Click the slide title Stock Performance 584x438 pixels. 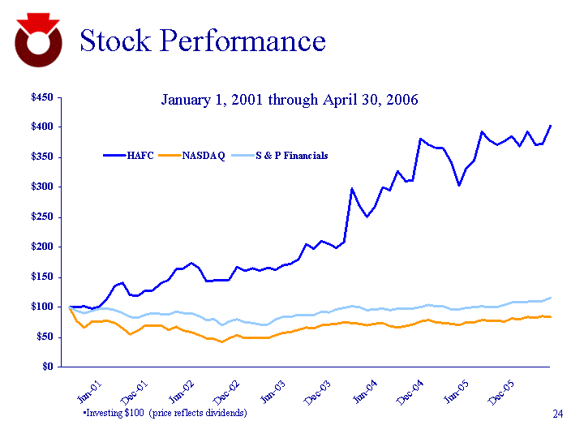click(202, 41)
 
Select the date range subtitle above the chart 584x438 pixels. click(290, 100)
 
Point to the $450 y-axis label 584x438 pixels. click(41, 97)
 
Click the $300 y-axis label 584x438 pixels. click(41, 187)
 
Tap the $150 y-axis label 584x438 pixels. click(41, 277)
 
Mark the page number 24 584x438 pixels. click(557, 415)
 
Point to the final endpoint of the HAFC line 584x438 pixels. click(551, 126)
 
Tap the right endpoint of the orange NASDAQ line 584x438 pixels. click(551, 316)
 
